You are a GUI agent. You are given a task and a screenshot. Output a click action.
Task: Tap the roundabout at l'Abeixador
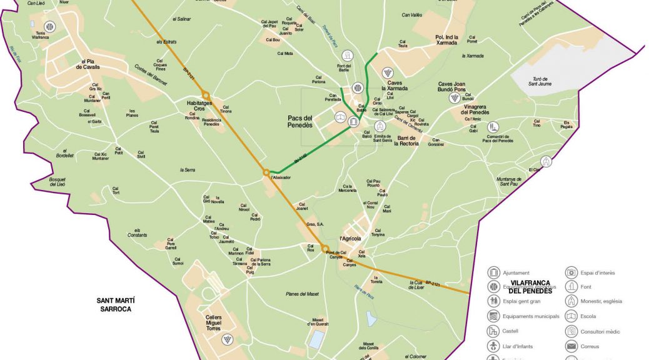(266, 172)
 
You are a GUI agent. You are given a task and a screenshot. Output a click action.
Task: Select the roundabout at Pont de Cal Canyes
(325, 249)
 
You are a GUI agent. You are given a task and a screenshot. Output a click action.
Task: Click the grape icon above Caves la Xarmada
(388, 72)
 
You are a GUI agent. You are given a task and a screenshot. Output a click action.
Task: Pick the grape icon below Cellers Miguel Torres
(226, 339)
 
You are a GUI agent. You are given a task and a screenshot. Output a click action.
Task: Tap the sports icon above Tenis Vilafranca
(49, 26)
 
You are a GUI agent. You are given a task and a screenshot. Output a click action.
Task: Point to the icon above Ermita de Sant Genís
(379, 126)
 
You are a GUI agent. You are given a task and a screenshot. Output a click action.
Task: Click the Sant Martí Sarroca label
(116, 304)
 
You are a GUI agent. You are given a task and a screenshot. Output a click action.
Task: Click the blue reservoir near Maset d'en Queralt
(317, 340)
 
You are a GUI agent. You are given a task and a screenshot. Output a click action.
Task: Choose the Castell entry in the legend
(510, 331)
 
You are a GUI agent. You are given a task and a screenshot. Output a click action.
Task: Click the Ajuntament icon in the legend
(495, 272)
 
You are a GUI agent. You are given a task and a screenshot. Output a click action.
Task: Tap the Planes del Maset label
(302, 294)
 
